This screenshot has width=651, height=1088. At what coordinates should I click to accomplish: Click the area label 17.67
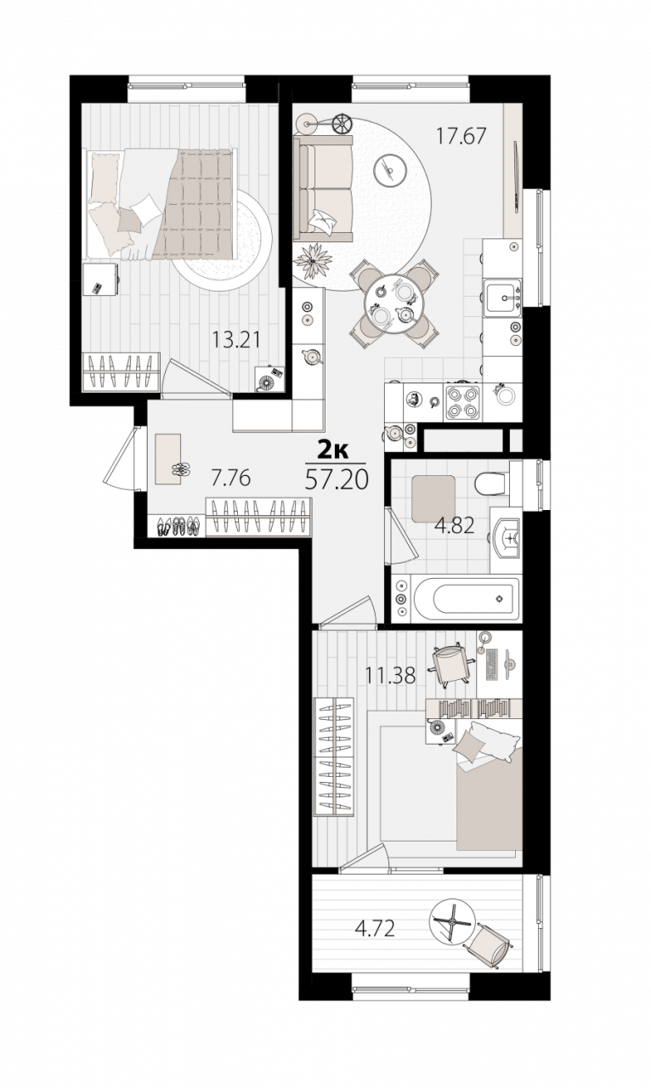pyautogui.click(x=461, y=136)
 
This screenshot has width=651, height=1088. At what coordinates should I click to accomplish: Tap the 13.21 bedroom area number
pyautogui.click(x=235, y=339)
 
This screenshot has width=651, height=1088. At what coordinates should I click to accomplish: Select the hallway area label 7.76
pyautogui.click(x=230, y=479)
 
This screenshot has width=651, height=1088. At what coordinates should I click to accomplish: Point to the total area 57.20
pyautogui.click(x=337, y=480)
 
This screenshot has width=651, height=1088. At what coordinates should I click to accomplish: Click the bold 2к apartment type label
pyautogui.click(x=333, y=450)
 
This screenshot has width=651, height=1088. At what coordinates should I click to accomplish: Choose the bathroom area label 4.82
pyautogui.click(x=454, y=525)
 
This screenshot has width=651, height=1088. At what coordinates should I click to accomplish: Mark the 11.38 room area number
pyautogui.click(x=391, y=675)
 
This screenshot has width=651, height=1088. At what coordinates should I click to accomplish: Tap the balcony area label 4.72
pyautogui.click(x=374, y=929)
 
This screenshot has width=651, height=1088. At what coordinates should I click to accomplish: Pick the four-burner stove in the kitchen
pyautogui.click(x=462, y=402)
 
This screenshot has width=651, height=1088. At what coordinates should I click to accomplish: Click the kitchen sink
pyautogui.click(x=502, y=297)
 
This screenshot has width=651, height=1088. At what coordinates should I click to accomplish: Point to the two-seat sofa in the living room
pyautogui.click(x=323, y=188)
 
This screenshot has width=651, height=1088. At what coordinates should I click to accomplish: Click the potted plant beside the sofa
pyautogui.click(x=313, y=261)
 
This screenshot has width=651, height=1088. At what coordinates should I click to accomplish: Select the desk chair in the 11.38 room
pyautogui.click(x=450, y=666)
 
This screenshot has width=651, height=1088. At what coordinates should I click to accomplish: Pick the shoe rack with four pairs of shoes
pyautogui.click(x=178, y=525)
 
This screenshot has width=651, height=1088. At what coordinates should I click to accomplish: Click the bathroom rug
pyautogui.click(x=433, y=498)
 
